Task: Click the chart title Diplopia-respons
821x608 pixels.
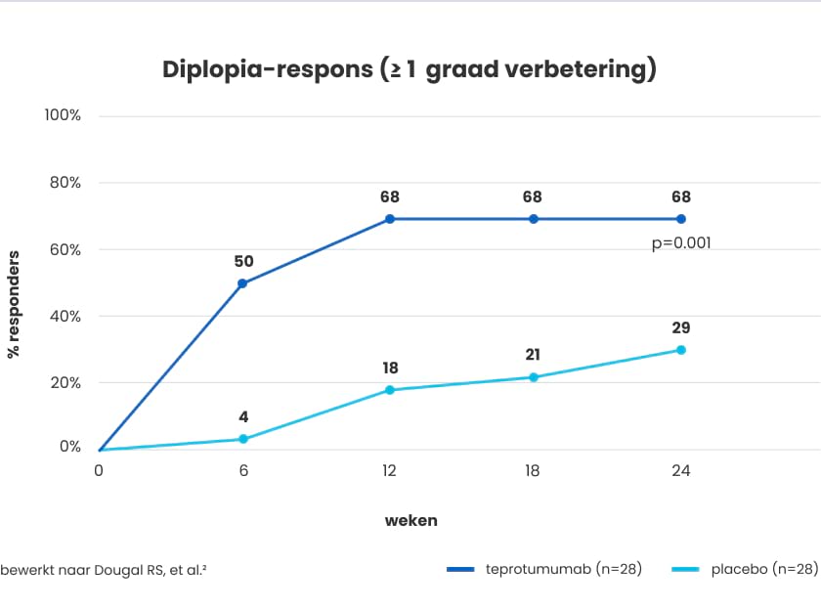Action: click(409, 70)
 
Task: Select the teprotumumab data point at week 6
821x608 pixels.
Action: click(242, 283)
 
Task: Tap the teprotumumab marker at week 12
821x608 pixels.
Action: click(389, 219)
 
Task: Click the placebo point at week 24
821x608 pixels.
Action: click(681, 350)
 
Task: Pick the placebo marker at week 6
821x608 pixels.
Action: click(243, 439)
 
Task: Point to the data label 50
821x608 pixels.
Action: click(243, 261)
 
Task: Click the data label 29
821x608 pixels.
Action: click(681, 327)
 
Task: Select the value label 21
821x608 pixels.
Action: click(533, 355)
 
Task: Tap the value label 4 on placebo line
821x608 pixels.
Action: click(243, 416)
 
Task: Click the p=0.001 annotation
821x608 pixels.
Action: click(681, 243)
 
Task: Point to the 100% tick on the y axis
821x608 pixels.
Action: click(63, 115)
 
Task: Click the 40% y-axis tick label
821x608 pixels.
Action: click(63, 316)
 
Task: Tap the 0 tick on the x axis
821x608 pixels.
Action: click(99, 471)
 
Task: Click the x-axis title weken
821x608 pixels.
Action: click(410, 520)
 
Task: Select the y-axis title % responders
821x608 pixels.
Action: click(14, 304)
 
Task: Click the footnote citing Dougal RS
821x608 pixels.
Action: click(103, 569)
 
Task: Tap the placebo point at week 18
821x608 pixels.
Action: click(534, 377)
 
